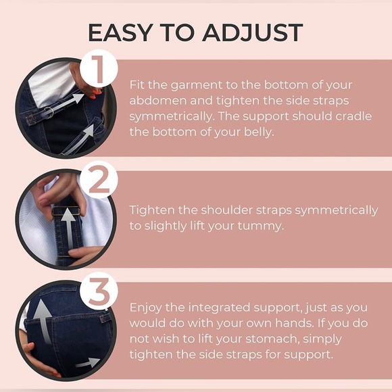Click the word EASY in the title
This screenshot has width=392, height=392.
120,32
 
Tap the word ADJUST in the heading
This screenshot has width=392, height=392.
253,32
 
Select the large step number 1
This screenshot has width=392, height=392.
98,69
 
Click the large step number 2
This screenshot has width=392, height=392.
99,179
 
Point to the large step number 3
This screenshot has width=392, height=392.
99,291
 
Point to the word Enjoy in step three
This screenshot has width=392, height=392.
145,308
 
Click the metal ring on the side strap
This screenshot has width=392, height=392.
49,112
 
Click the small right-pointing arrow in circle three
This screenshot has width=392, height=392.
88,363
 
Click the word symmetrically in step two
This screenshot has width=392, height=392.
337,211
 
